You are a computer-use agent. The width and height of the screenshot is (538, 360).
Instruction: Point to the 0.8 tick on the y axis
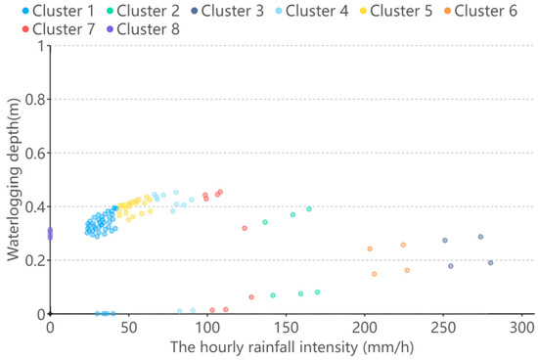pyautogui.click(x=34, y=99)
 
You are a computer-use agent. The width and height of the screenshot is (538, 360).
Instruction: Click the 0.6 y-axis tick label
pyautogui.click(x=34, y=153)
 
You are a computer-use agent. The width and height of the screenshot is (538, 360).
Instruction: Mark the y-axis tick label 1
pyautogui.click(x=40, y=45)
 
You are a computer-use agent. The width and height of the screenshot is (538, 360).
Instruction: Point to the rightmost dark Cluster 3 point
pyautogui.click(x=490, y=262)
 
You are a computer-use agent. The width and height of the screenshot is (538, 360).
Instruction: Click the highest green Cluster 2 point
pyautogui.click(x=308, y=208)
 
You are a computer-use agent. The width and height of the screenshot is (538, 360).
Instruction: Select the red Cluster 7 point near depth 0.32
pyautogui.click(x=245, y=228)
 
